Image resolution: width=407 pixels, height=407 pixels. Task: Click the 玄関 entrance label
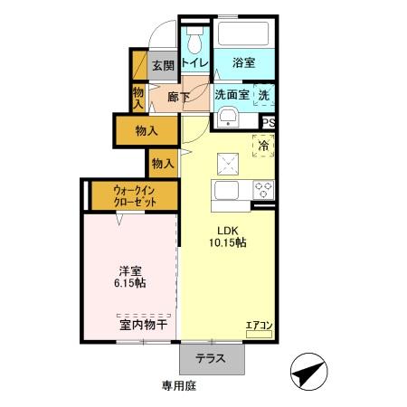point(162,65)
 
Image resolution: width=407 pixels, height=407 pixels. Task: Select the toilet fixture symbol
point(194,42)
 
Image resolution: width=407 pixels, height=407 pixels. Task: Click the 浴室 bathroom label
point(243,62)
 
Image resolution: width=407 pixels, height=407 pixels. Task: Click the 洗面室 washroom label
point(232,94)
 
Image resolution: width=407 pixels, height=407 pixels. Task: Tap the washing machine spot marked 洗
point(264,94)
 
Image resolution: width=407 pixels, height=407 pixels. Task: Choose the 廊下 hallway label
point(178,95)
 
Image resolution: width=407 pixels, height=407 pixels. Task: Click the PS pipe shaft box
point(268,121)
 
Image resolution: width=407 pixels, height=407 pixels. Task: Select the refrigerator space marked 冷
point(264,145)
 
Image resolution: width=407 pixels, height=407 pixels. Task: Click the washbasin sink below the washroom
point(226,118)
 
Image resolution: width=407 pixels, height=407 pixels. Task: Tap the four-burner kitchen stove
point(264,190)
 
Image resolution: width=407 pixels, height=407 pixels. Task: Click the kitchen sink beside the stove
point(226,190)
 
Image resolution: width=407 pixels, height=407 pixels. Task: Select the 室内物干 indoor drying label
point(142,323)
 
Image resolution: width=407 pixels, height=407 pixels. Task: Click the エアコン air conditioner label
point(259,325)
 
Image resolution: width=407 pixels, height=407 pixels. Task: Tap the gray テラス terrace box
point(213,358)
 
